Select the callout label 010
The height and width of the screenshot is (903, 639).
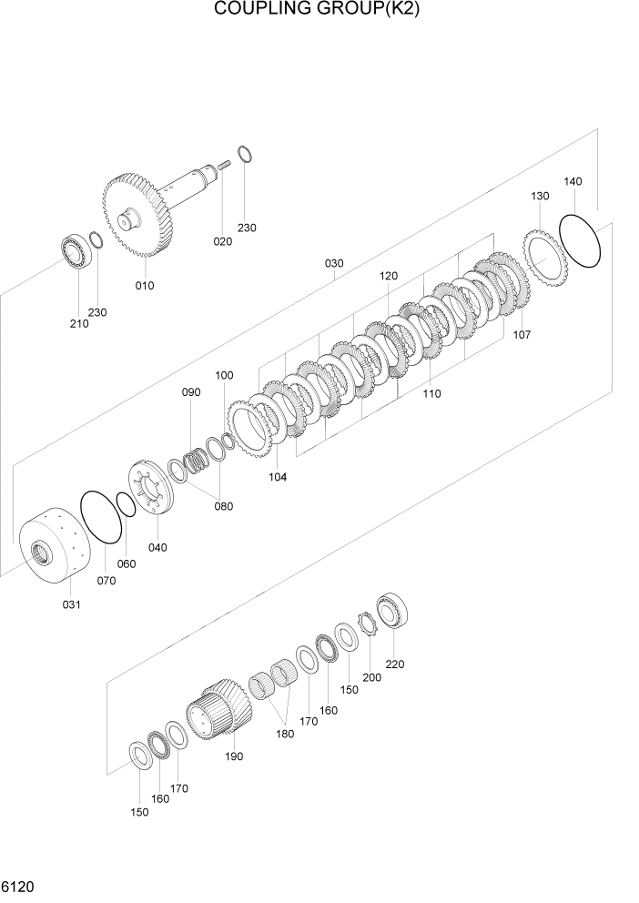pos(145,285)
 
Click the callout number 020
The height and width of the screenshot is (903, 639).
pos(222,241)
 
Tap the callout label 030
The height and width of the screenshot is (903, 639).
pos(334,264)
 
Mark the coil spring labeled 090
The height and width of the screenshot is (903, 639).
pos(199,462)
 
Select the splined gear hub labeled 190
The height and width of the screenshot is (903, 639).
pos(218,710)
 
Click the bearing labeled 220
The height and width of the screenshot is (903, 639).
pos(395,609)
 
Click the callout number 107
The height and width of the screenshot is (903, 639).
pos(522,334)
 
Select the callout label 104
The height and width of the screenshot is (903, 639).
pos(278,476)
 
